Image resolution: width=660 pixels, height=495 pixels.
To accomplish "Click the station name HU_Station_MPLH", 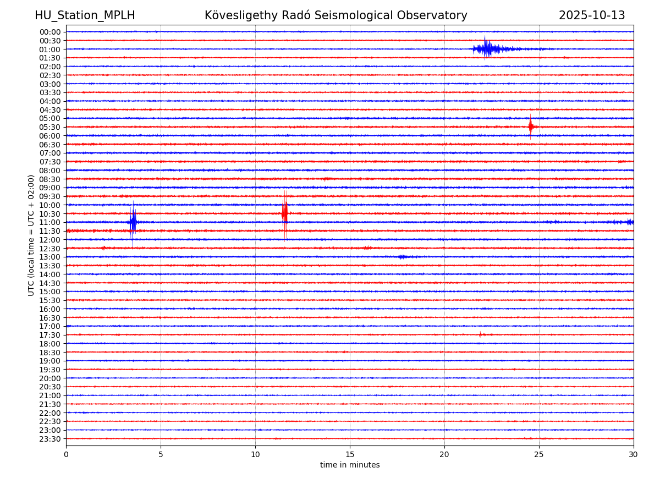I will point(85,16).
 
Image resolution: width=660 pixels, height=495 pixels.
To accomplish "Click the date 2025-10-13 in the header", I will point(592,16).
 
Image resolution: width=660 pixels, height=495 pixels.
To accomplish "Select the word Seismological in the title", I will point(363,16).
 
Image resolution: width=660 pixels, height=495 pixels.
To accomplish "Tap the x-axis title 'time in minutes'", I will point(350,465).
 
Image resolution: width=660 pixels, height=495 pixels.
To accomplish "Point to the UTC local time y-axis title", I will point(31,235).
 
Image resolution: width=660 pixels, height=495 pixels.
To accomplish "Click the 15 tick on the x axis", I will point(350,454).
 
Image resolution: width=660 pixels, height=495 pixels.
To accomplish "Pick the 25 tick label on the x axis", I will point(539,454).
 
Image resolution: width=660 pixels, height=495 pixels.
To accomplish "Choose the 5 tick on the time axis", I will point(161,454).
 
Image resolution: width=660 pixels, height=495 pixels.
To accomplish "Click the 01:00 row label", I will point(50,50).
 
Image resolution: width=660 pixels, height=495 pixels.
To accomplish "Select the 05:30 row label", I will point(50,127).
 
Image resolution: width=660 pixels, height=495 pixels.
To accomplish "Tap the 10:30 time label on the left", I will point(50,214).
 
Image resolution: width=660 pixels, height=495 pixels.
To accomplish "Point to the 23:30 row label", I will point(50,439).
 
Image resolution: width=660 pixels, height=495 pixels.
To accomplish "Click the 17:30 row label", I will point(50,335).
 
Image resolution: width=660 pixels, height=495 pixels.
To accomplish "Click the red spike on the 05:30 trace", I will point(530,127).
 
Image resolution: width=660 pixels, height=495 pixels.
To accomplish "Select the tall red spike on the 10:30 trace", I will point(284,213).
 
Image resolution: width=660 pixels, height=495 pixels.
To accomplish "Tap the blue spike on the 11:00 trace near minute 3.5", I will point(133,222).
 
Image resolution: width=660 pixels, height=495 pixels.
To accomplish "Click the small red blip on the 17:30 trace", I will point(480,334).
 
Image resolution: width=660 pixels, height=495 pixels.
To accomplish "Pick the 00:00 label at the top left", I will point(50,32).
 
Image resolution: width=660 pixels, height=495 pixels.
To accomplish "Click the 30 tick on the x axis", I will point(634,454).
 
